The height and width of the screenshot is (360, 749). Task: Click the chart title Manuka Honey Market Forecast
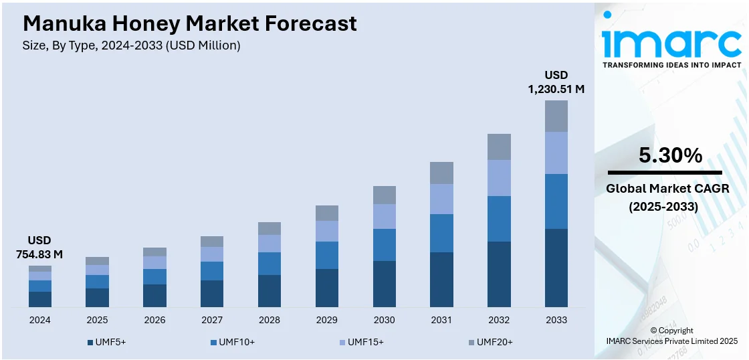tap(189, 24)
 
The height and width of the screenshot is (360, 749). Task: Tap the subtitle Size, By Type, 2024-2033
tap(131, 46)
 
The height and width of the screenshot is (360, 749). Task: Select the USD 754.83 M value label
tap(39, 247)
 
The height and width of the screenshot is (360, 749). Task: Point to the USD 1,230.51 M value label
tap(556, 82)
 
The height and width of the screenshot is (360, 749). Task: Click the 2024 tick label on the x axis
tap(39, 320)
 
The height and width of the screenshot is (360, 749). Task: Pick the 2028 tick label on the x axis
tap(270, 320)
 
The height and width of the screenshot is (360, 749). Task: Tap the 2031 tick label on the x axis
tap(441, 320)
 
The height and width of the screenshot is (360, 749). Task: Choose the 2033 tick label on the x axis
tap(556, 320)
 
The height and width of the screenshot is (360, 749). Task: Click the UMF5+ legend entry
tap(107, 342)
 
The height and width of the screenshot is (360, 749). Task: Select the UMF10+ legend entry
tap(232, 342)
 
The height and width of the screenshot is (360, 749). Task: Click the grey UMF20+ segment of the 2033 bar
tap(556, 116)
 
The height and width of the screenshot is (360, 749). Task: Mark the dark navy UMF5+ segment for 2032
tap(499, 274)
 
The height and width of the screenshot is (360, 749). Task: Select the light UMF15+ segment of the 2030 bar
tap(385, 216)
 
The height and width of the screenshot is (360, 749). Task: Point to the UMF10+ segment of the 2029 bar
tap(327, 255)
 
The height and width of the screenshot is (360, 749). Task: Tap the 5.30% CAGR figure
tap(671, 156)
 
